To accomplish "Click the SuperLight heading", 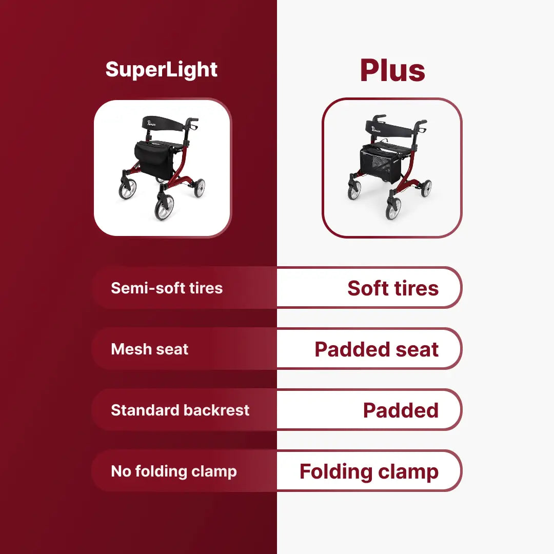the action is pos(161,70).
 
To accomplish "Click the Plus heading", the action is pos(392,70).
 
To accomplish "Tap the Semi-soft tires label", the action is pos(167,288).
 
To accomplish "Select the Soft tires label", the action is pos(393,288).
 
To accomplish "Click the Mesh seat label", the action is pos(149,349).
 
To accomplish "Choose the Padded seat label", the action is pos(377,349).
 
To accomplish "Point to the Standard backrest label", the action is pos(180,410).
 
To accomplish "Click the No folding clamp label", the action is pos(174,472).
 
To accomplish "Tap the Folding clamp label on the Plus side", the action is pos(369,472).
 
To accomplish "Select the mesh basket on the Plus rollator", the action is pos(381,165).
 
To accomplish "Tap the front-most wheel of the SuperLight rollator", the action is pos(165,207).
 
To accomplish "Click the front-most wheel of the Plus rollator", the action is pos(393,208).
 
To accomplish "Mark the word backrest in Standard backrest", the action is pos(216,410).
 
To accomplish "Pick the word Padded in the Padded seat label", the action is pos(352,349).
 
